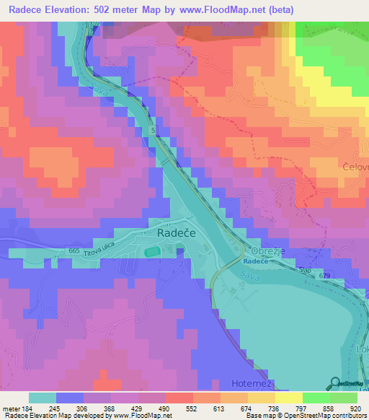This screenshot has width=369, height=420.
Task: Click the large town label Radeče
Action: click(177, 234)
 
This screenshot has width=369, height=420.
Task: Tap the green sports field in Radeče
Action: click(152, 252)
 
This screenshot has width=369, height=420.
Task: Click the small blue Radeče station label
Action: click(254, 261)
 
